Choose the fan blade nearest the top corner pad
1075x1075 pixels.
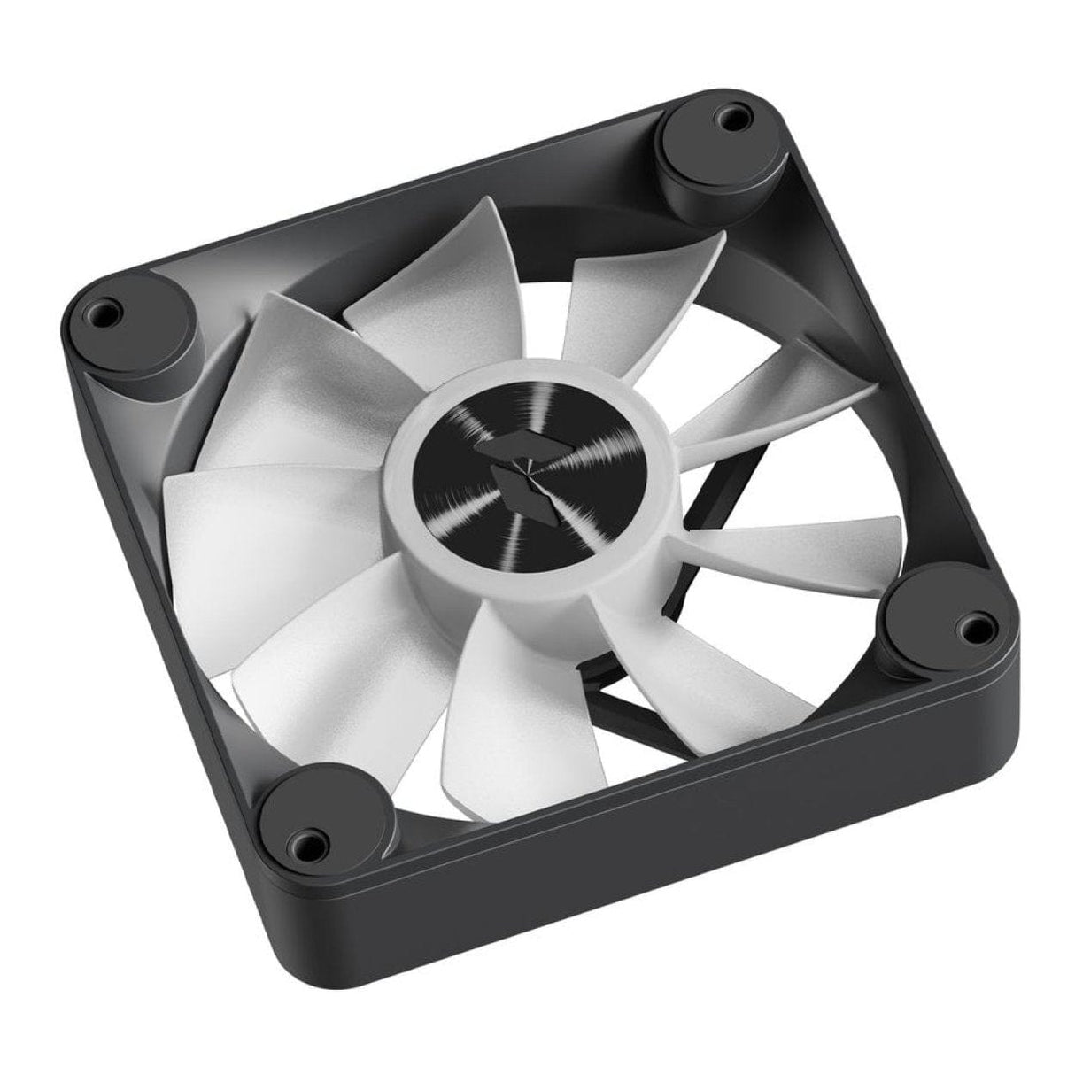pyautogui.click(x=638, y=292)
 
